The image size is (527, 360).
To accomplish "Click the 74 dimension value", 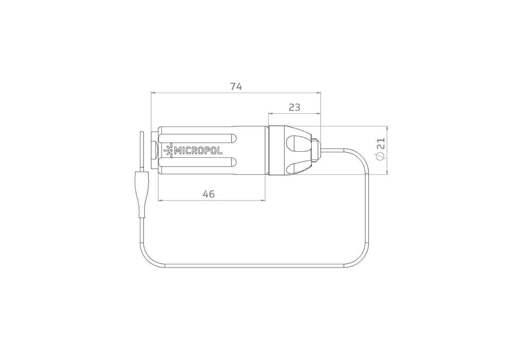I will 236,86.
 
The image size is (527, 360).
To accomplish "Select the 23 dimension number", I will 294,107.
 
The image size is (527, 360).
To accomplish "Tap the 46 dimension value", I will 208,194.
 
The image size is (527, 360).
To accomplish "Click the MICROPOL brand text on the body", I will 199,151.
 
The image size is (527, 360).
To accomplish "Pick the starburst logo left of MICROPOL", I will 169,151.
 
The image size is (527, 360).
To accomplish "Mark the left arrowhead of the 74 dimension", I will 153,93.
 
